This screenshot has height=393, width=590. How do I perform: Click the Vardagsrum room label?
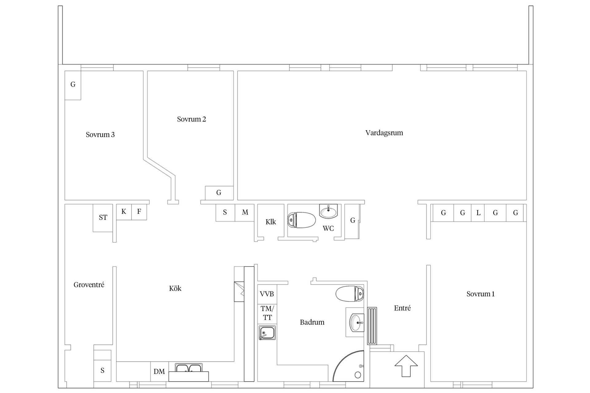[384, 133]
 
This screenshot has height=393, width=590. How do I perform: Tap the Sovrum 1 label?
[480, 294]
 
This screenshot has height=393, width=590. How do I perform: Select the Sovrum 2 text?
[191, 119]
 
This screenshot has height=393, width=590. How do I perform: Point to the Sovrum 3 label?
[100, 134]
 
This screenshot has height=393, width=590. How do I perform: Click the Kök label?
[175, 288]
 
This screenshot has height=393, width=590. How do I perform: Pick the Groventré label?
[89, 285]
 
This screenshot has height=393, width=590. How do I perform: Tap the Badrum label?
[312, 322]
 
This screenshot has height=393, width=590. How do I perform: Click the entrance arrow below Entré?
[406, 366]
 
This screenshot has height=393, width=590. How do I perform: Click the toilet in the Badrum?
[350, 294]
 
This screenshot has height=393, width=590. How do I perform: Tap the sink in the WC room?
[328, 211]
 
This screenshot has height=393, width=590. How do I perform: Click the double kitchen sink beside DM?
[189, 368]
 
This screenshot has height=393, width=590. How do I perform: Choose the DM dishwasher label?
[159, 372]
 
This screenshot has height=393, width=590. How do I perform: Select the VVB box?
[267, 294]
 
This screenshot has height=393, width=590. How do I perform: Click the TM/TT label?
[267, 313]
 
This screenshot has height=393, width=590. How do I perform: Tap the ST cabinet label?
[103, 218]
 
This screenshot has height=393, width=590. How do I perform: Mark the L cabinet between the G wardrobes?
[478, 212]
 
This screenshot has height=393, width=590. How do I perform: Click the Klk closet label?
[271, 222]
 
